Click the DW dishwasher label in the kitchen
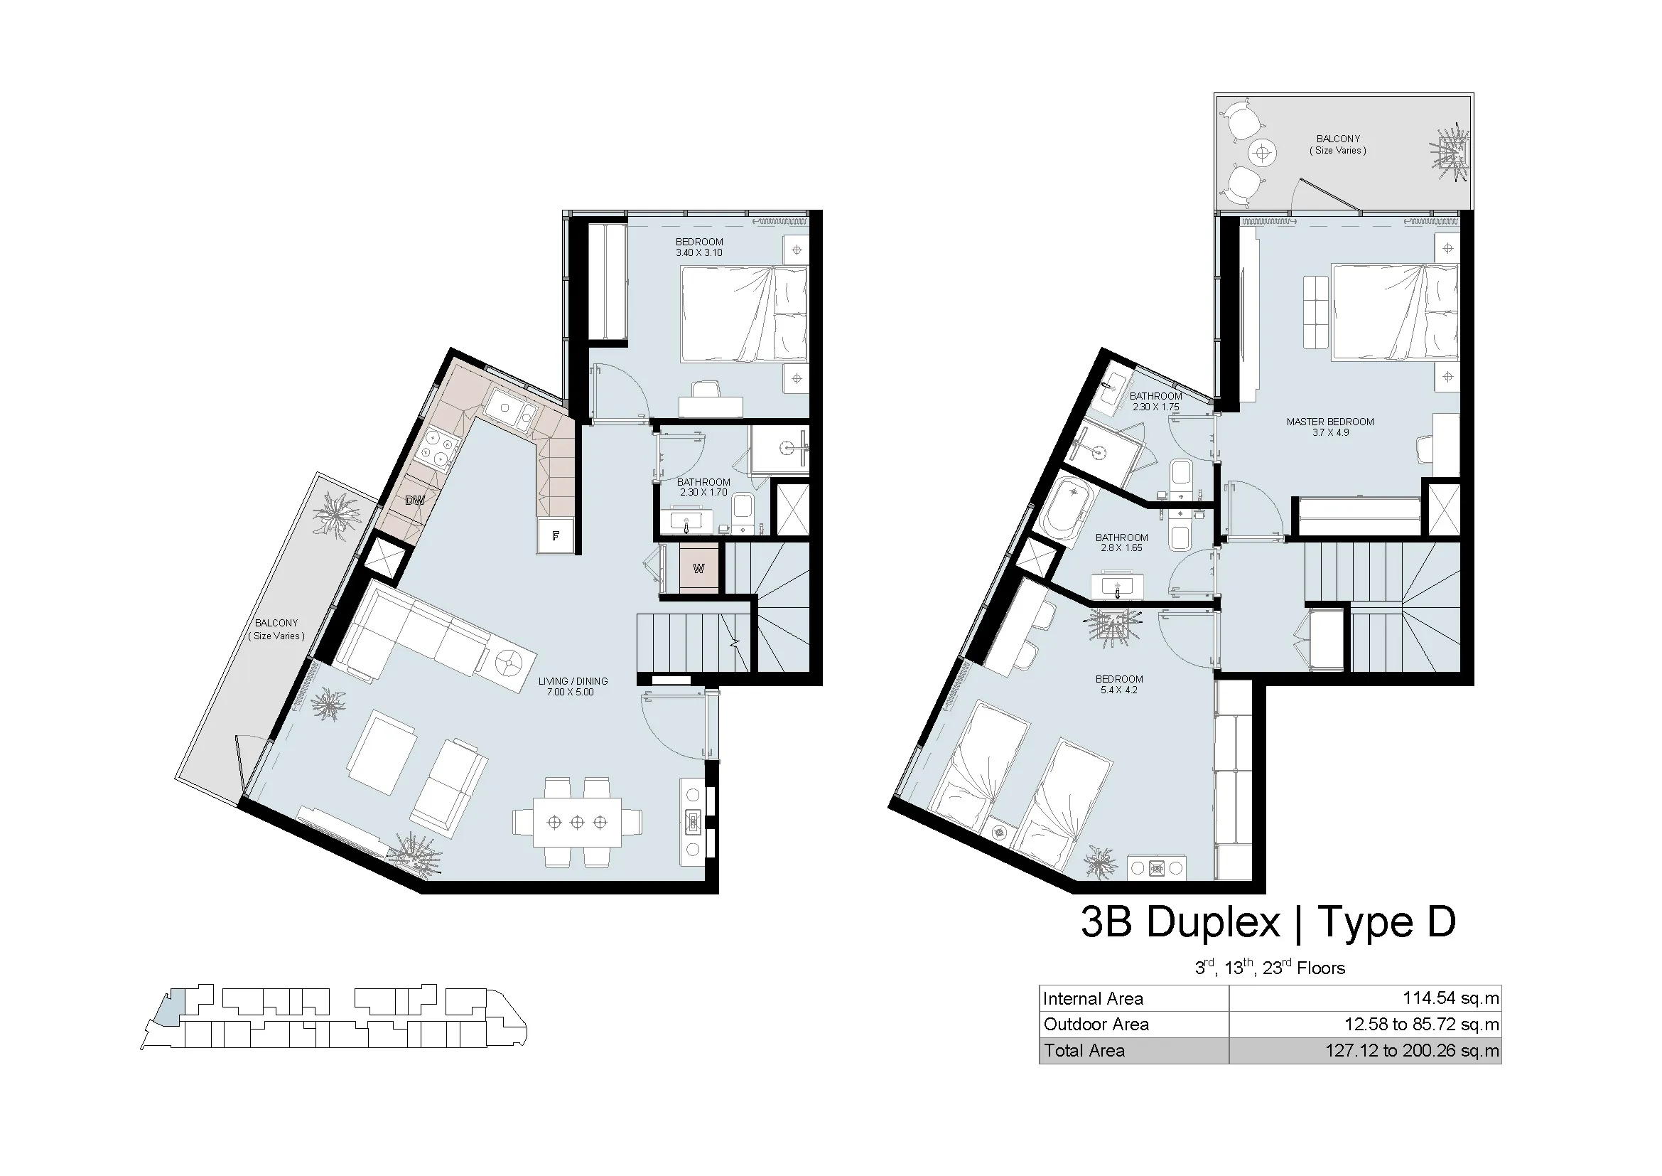point(414,500)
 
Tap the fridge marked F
point(555,536)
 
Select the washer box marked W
point(698,569)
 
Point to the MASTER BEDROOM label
point(1329,422)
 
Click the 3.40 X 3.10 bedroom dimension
point(699,252)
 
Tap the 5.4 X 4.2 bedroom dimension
point(1119,690)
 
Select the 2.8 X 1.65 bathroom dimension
point(1122,548)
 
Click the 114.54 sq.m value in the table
point(1451,998)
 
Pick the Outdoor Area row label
point(1096,1024)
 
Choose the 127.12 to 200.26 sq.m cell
point(1413,1050)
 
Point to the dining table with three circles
point(577,822)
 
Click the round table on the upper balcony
point(1263,153)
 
